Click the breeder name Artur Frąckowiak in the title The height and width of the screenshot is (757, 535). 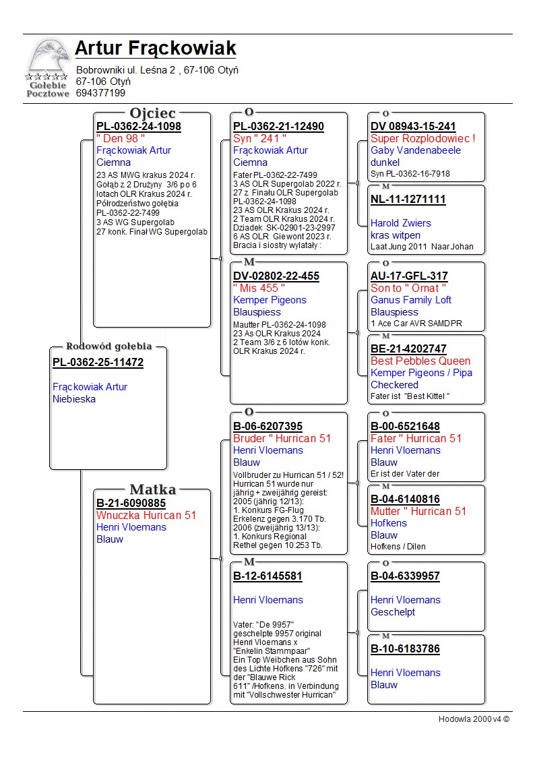(x=155, y=49)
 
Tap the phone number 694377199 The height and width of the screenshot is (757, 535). (x=100, y=93)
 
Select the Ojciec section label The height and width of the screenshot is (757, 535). (x=152, y=113)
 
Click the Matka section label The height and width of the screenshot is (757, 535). (x=152, y=489)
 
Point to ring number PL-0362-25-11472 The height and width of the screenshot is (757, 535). (x=98, y=363)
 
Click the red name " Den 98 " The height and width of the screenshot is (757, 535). (x=121, y=138)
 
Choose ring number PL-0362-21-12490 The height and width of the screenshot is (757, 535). (x=278, y=127)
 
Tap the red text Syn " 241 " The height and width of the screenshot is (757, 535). (x=259, y=138)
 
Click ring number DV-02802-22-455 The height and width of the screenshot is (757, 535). (x=276, y=276)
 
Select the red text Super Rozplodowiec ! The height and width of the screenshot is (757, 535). (x=423, y=138)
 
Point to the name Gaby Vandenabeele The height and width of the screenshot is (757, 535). (x=416, y=150)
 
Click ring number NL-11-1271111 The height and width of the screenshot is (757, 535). (x=408, y=200)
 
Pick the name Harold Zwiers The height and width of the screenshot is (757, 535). (x=401, y=223)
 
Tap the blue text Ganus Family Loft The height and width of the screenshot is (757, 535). (x=411, y=300)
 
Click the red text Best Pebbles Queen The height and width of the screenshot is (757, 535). (x=420, y=361)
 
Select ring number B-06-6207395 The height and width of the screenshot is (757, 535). (x=267, y=427)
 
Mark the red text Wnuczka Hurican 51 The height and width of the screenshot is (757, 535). (x=146, y=515)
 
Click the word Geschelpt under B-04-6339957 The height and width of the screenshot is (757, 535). (x=393, y=612)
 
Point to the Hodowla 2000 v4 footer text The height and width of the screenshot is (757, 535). (x=474, y=719)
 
